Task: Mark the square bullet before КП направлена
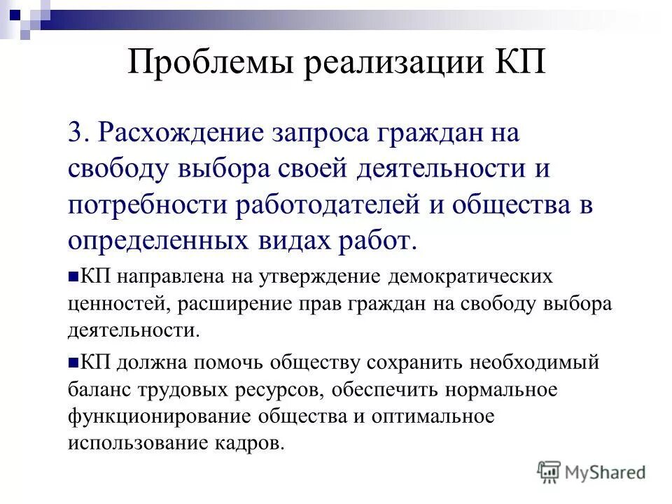pos(73,277)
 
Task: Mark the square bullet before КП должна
pos(73,363)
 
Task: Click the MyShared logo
pos(591,472)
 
